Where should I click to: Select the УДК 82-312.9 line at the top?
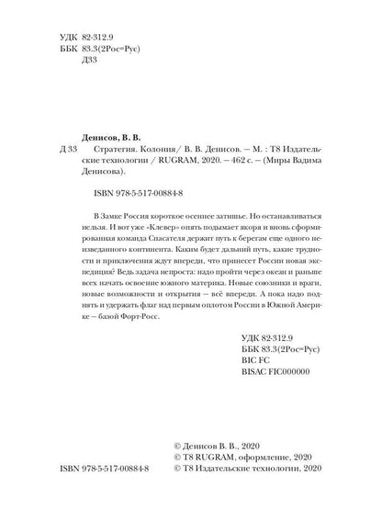[x=69, y=43]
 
